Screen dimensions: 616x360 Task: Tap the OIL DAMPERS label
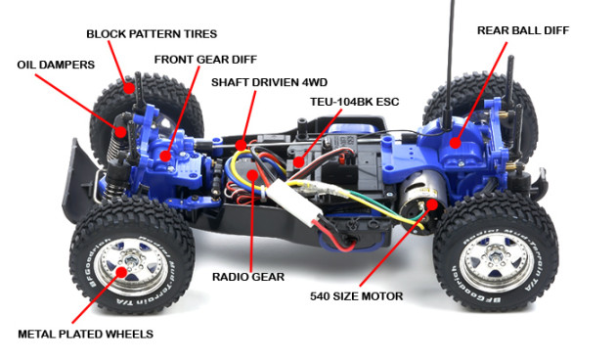[55, 65]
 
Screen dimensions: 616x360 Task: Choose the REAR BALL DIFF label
[522, 30]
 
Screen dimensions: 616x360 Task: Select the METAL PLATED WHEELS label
[85, 335]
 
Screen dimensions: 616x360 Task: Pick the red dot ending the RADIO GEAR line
[252, 177]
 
